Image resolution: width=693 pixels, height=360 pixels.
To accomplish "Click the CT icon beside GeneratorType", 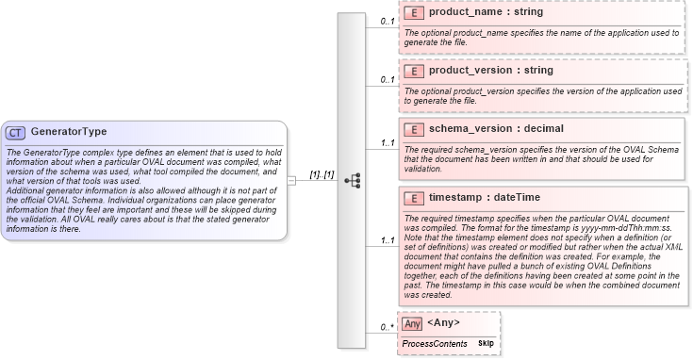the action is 15,132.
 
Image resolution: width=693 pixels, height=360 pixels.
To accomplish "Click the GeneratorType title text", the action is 69,132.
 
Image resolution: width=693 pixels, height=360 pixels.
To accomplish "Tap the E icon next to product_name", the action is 413,13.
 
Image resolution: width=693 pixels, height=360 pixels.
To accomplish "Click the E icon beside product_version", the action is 413,71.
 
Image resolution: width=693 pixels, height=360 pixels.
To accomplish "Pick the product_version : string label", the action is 490,71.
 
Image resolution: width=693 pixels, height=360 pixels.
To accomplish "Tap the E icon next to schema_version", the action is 413,128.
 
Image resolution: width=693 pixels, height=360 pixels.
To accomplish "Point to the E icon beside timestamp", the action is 413,198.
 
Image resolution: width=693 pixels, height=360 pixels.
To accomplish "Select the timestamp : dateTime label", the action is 485,198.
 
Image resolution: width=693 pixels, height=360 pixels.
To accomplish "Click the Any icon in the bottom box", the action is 412,324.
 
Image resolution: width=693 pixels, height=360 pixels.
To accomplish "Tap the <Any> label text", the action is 443,323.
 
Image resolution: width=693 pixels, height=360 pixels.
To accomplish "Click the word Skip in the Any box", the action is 486,344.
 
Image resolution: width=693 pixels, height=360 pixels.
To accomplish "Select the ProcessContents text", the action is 435,344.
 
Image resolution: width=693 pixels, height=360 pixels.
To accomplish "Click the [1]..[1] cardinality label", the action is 322,174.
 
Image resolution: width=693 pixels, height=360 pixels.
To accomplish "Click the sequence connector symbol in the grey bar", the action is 353,180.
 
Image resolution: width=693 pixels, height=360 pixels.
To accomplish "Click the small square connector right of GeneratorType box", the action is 292,180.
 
